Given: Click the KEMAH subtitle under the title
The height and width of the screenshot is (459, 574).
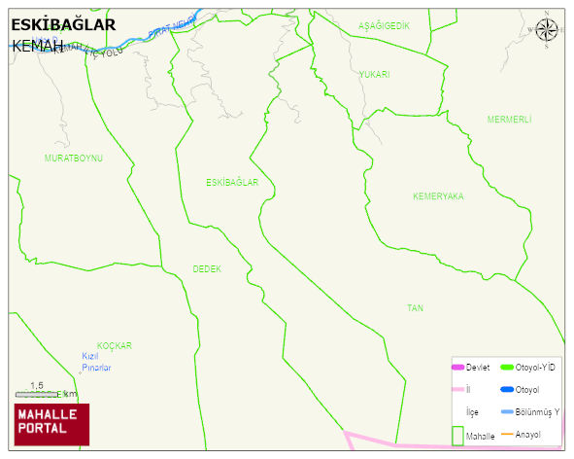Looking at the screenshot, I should coord(38,46).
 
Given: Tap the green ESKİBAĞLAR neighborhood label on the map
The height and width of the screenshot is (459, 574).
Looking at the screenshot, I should coord(232,182).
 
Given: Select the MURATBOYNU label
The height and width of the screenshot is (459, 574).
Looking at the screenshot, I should coord(73,158).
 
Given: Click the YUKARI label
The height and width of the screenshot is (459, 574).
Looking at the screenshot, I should coord(374,75).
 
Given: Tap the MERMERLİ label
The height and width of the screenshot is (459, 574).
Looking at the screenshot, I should coord(509,119).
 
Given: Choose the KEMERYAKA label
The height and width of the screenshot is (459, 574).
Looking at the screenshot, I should coord(438,196).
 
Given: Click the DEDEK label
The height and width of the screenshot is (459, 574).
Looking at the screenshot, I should coord(207,268).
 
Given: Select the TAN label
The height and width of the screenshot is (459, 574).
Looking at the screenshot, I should coord(415,308).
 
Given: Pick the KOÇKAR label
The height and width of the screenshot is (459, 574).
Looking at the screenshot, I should coord(114,345).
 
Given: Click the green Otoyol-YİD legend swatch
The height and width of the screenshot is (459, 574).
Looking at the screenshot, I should coord(506,367).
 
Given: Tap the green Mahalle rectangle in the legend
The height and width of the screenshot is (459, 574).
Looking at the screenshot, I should coord(457,435).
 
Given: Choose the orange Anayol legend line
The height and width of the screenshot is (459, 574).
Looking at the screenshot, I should coord(506,433).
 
